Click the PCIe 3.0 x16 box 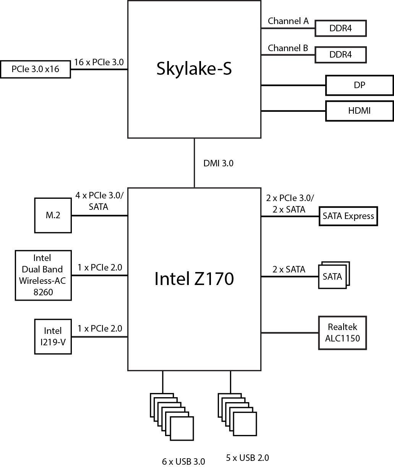pyautogui.click(x=36, y=69)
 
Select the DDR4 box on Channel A pyautogui.click(x=340, y=28)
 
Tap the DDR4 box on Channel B pyautogui.click(x=340, y=55)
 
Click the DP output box pyautogui.click(x=359, y=85)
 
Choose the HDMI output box pyautogui.click(x=359, y=111)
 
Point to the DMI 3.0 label pyautogui.click(x=218, y=163)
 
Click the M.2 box pyautogui.click(x=53, y=215)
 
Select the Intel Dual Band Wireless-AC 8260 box pyautogui.click(x=43, y=275)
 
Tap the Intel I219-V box pyautogui.click(x=53, y=336)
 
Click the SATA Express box pyautogui.click(x=348, y=216)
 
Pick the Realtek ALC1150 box pyautogui.click(x=342, y=333)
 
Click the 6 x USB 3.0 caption pyautogui.click(x=183, y=461)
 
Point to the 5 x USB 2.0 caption pyautogui.click(x=247, y=457)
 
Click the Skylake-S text pyautogui.click(x=194, y=69)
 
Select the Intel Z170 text pyautogui.click(x=194, y=279)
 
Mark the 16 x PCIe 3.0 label pyautogui.click(x=99, y=62)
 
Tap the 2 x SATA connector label pyautogui.click(x=289, y=269)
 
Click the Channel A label pyautogui.click(x=288, y=21)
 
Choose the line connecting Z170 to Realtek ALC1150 pyautogui.click(x=290, y=333)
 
